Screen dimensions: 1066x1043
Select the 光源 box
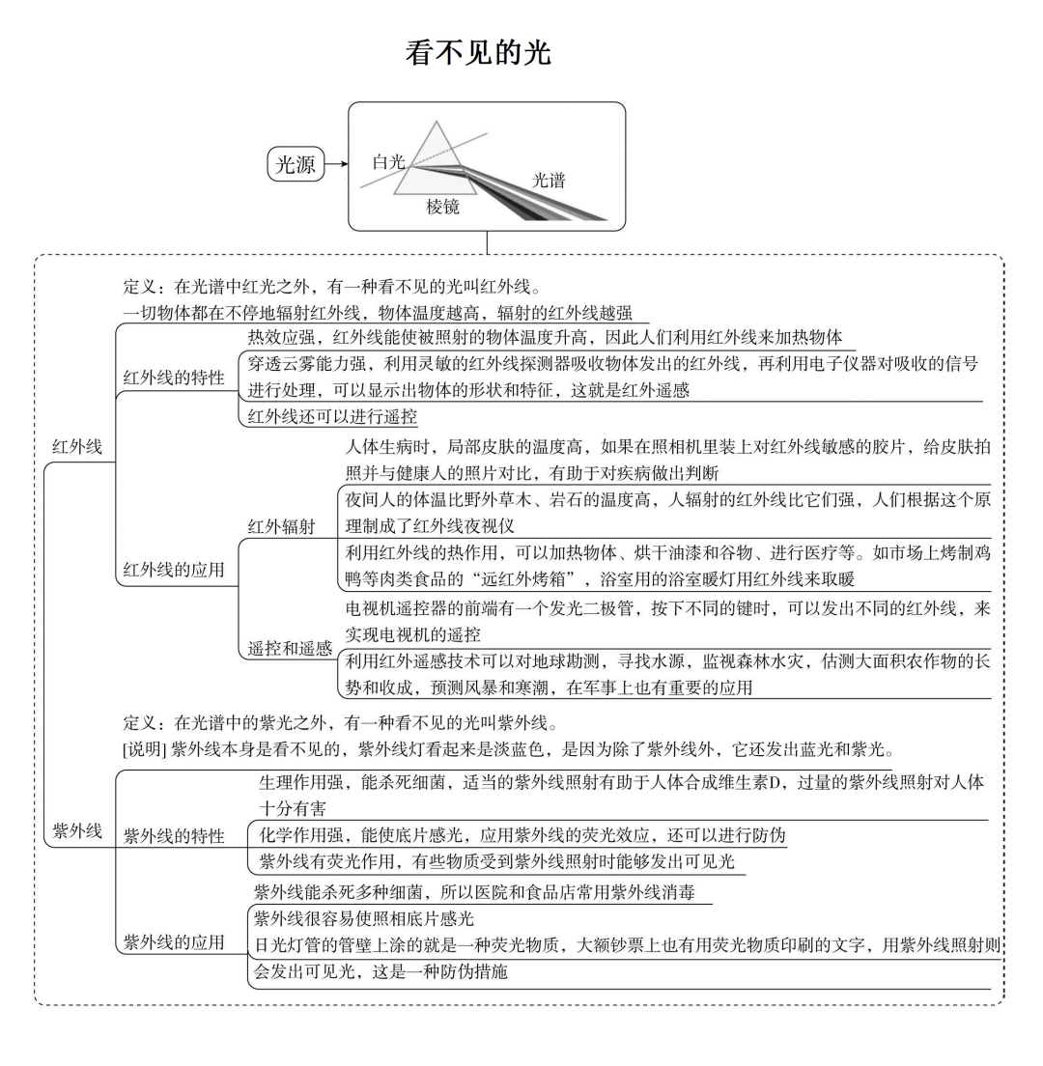point(296,165)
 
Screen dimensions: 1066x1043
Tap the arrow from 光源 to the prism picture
point(337,165)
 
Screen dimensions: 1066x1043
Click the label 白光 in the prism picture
point(388,162)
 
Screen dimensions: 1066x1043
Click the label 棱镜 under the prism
point(443,207)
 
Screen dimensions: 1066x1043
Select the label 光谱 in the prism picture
point(549,180)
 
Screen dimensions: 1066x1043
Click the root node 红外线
point(77,447)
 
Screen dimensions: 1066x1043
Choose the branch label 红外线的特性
point(174,378)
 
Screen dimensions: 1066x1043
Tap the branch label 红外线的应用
point(174,570)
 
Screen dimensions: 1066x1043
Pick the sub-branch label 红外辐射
point(281,526)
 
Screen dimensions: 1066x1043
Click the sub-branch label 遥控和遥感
point(290,648)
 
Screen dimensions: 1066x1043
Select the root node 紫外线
point(77,831)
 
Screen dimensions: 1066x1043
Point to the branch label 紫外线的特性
point(174,836)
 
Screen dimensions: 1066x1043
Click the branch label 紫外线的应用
point(174,941)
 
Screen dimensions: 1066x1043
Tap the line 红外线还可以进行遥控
point(332,417)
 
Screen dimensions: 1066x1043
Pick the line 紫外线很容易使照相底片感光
point(364,918)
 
